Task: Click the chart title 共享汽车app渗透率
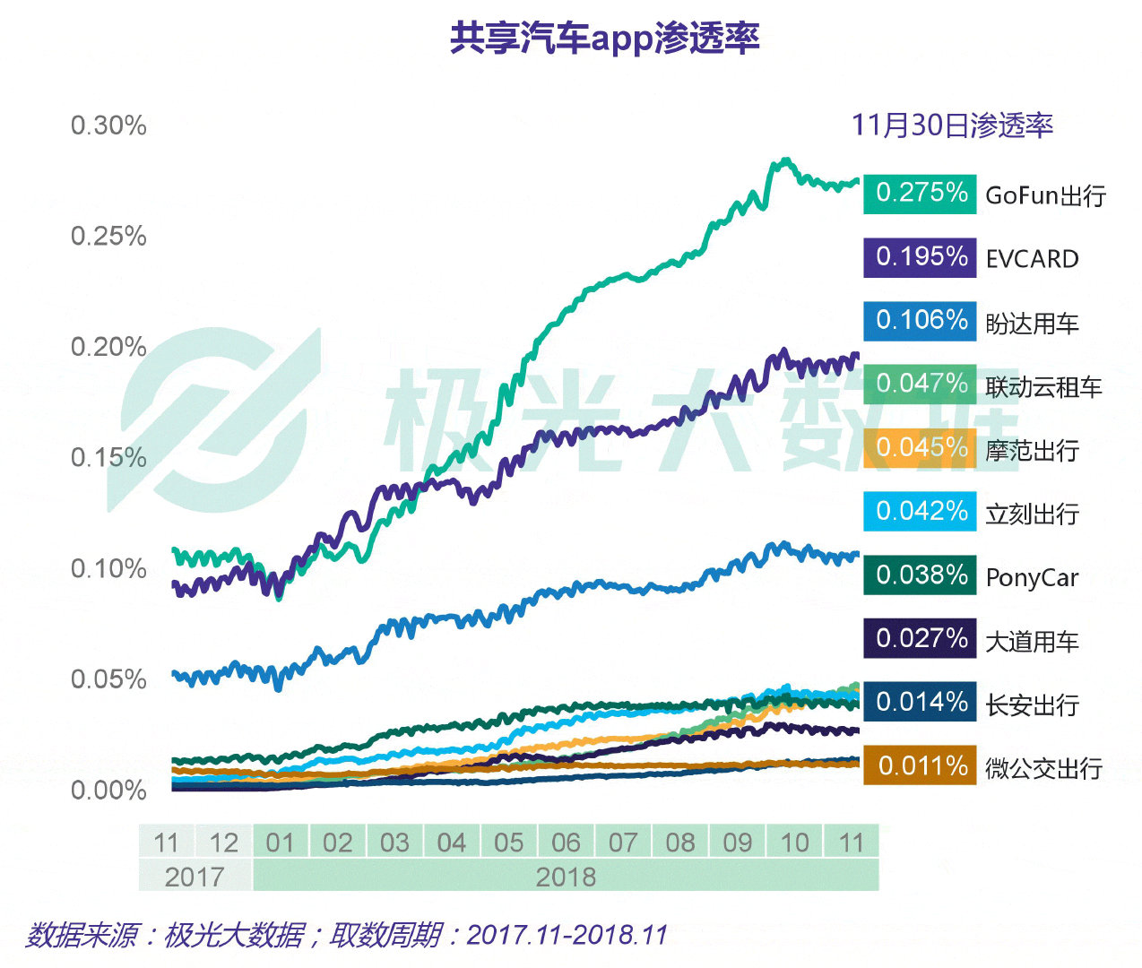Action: coord(605,39)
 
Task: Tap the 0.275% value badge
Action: coord(920,193)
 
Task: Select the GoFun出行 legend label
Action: coord(1045,195)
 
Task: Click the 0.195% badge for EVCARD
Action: coord(920,257)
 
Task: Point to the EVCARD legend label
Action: coord(1032,259)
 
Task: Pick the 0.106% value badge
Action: coord(920,320)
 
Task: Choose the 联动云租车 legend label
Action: coord(1043,387)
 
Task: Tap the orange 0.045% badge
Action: coord(920,447)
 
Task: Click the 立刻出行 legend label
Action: coord(1032,514)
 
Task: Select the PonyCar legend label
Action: coord(1032,578)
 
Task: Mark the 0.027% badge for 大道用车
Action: coord(920,638)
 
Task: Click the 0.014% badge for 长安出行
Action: coord(920,702)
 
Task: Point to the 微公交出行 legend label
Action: coord(1043,768)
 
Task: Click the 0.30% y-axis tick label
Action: coord(108,125)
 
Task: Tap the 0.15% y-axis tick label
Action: coord(108,458)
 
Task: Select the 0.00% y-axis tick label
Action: coord(108,791)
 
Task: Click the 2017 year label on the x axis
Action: coord(195,876)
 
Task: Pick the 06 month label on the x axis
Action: coord(566,843)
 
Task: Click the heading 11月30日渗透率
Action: coord(952,125)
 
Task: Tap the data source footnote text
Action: coord(347,935)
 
